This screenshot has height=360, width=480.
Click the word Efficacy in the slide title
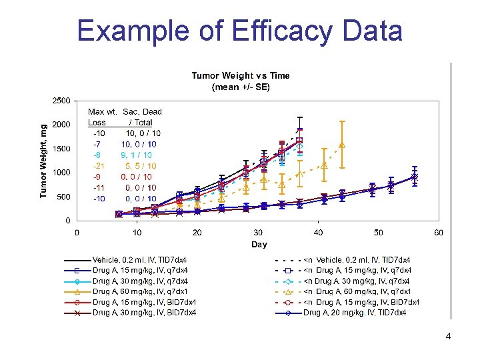282,31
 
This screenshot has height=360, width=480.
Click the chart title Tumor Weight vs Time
241,75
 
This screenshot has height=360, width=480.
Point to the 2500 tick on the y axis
61,101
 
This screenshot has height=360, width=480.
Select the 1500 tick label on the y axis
61,149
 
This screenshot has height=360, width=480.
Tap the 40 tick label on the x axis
318,233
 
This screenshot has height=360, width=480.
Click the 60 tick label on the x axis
439,233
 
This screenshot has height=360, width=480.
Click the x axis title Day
259,244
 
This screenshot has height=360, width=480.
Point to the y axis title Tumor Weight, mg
43,161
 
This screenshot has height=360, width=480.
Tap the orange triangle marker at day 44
342,145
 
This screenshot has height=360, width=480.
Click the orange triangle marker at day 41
324,165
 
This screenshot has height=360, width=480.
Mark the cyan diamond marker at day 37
300,146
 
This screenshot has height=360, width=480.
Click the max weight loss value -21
99,166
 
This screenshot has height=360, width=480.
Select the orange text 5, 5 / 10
141,166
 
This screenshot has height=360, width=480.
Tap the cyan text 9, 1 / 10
136,155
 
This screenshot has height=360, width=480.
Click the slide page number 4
448,337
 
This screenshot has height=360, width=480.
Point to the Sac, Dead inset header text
143,112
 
